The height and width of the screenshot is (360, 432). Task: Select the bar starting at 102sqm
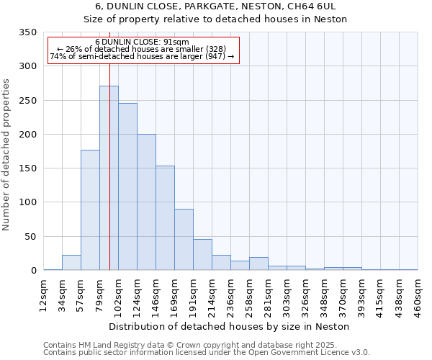[127, 187]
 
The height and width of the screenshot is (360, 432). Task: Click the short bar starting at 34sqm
[71, 263]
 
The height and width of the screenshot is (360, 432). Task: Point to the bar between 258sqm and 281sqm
[258, 264]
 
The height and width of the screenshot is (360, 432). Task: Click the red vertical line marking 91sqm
[109, 144]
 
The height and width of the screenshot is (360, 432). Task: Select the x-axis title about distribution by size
[230, 326]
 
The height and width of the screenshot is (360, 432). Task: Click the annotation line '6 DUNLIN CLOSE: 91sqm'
[142, 42]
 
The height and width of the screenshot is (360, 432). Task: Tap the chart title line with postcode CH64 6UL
[215, 6]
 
